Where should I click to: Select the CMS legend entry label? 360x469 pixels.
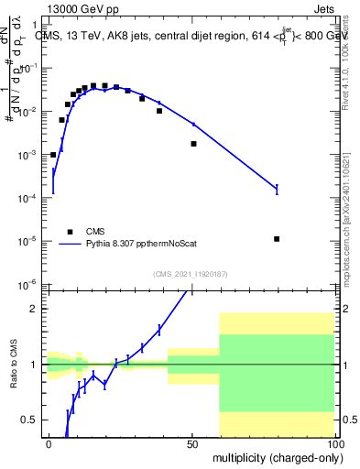(96, 232)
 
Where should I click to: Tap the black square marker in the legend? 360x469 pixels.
(70, 232)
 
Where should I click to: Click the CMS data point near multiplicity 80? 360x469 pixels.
(277, 239)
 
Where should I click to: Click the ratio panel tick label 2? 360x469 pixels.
(35, 309)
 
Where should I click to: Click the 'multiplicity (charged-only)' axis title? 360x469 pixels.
(273, 456)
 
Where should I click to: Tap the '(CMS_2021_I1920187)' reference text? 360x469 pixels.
(191, 274)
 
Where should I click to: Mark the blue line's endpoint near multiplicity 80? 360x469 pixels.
(277, 190)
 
